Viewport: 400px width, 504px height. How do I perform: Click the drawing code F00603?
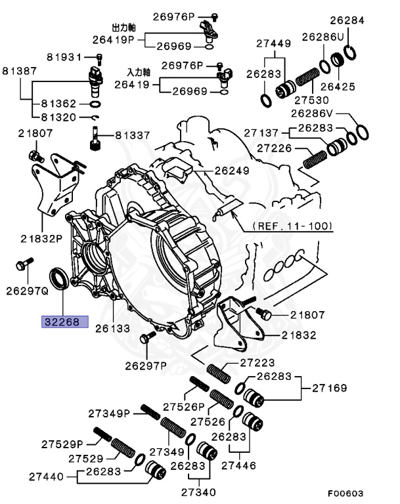(x=345, y=492)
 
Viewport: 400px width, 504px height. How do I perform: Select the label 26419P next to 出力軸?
(x=112, y=39)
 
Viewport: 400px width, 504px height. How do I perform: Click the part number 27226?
(x=278, y=149)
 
